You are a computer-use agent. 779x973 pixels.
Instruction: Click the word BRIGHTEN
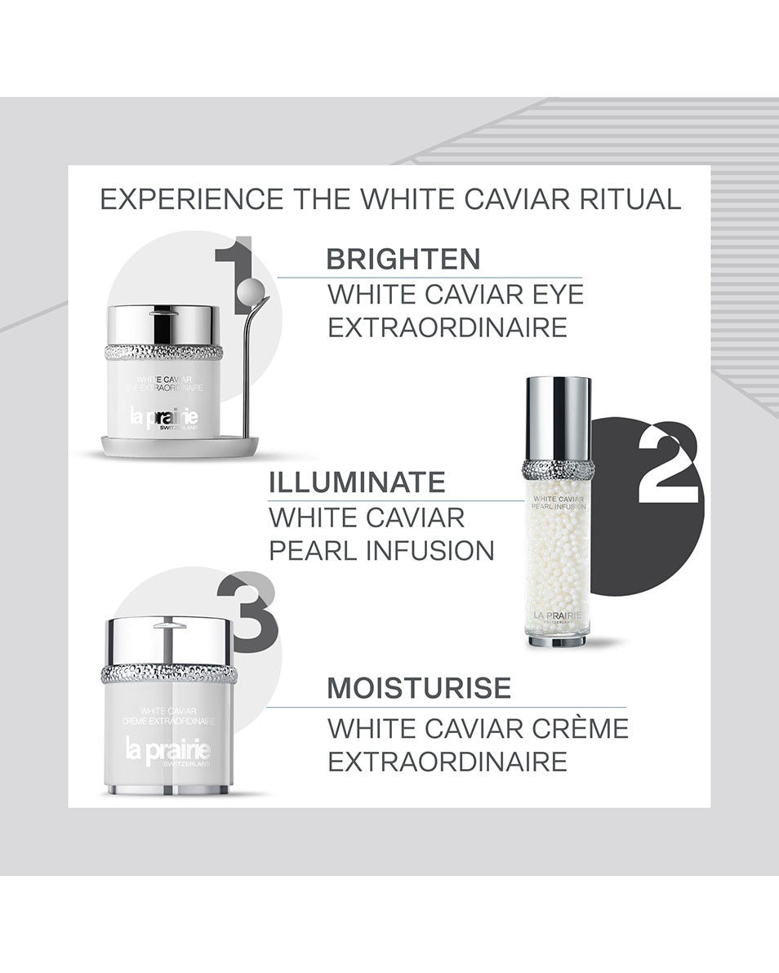coord(403,259)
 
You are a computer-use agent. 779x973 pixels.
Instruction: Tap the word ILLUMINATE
coord(357,482)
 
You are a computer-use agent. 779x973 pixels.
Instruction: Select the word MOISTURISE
coord(419,688)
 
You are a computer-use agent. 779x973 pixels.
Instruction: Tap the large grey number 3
coord(248,613)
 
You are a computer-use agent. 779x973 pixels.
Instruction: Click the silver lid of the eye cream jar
coord(163,324)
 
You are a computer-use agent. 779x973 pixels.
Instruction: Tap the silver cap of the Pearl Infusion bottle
coord(558,418)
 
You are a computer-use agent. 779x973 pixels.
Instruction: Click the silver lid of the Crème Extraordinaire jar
coord(169,640)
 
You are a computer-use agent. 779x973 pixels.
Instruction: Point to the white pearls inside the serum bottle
coord(557,555)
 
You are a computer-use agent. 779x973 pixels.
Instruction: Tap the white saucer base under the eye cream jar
coord(180,446)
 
